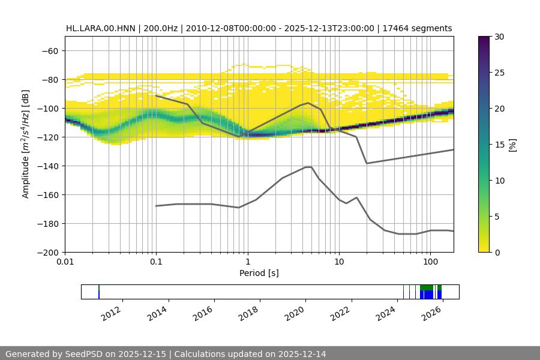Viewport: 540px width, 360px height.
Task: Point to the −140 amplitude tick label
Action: click(x=48, y=166)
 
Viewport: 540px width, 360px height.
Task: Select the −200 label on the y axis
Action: click(x=48, y=252)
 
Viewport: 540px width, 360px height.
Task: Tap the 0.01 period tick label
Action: click(x=65, y=262)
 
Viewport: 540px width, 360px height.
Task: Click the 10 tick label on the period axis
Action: click(x=339, y=262)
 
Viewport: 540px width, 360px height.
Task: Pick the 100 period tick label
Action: click(x=430, y=262)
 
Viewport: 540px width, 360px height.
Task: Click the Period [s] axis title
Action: click(x=259, y=273)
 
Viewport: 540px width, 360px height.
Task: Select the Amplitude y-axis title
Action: click(x=26, y=144)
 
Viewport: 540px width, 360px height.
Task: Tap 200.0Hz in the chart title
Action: click(x=160, y=28)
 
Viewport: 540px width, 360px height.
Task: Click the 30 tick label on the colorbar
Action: click(x=500, y=37)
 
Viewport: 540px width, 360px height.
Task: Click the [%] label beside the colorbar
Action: click(x=512, y=145)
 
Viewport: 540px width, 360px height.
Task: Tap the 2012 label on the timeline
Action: click(x=112, y=313)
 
